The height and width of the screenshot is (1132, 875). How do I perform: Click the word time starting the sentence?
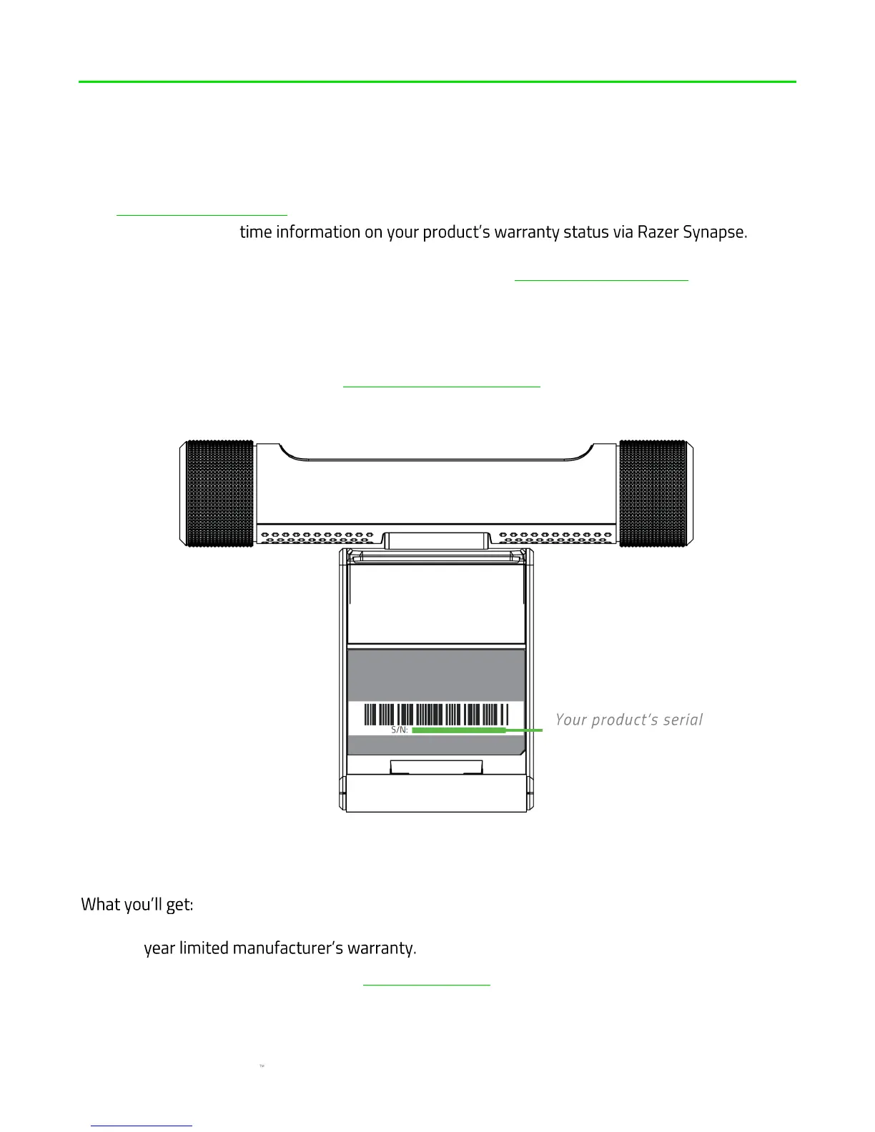(256, 232)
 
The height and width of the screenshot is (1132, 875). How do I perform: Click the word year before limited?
(159, 948)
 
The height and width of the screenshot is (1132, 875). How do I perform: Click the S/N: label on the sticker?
(399, 730)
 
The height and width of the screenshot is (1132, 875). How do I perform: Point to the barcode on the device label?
(435, 714)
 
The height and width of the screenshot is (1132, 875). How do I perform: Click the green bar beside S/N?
(458, 730)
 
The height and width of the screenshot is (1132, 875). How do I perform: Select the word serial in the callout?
(683, 720)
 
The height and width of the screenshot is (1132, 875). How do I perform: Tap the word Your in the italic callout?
(571, 720)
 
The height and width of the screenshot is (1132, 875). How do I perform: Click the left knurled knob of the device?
(219, 493)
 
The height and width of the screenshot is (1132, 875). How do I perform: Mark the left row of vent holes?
(315, 535)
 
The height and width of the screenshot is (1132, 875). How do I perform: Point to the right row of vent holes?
(555, 535)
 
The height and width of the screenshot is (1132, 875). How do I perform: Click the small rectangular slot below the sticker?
(435, 767)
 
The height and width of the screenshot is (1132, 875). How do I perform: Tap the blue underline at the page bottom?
(142, 1126)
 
